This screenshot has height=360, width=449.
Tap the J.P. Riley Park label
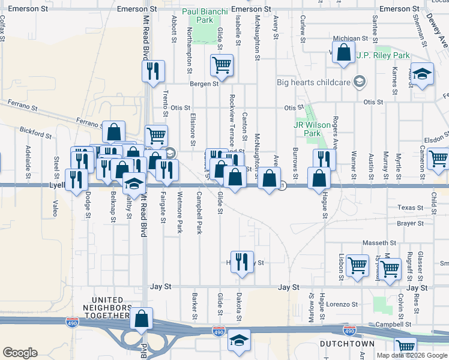pyautogui.click(x=383, y=55)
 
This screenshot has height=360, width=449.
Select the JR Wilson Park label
pyautogui.click(x=312, y=129)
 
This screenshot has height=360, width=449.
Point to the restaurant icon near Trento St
pyautogui.click(x=152, y=71)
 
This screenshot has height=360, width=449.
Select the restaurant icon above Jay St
pyautogui.click(x=242, y=262)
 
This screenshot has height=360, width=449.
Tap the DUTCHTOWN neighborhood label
pyautogui.click(x=347, y=344)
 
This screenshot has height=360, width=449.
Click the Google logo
pyautogui.click(x=20, y=353)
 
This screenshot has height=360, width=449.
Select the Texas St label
pyautogui.click(x=411, y=208)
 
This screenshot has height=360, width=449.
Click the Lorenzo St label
pyautogui.click(x=342, y=304)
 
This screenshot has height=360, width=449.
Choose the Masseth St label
pyautogui.click(x=379, y=243)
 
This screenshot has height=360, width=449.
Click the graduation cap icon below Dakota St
pyautogui.click(x=239, y=341)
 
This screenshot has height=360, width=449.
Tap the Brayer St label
pyautogui.click(x=410, y=223)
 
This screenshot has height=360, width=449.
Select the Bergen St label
pyautogui.click(x=204, y=84)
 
